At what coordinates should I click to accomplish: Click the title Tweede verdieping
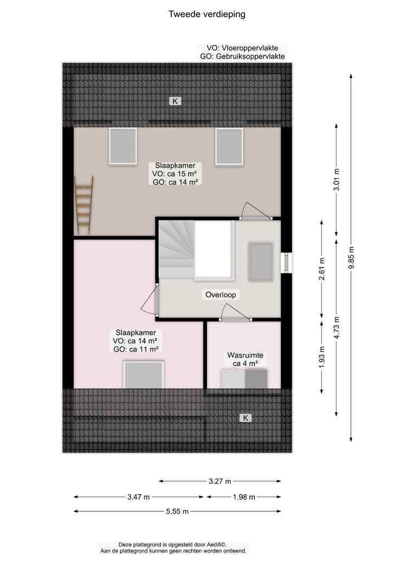pos(207,14)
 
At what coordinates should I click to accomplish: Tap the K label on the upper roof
pos(174,101)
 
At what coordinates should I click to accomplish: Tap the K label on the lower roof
pos(245,418)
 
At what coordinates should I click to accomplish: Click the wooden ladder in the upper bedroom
pos(83,205)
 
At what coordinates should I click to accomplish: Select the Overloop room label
pos(221,295)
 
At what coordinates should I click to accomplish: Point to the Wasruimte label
pos(245,355)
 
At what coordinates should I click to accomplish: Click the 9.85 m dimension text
pos(351,258)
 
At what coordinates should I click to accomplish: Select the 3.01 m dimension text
pos(337,179)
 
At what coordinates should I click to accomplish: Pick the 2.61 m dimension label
pos(322,269)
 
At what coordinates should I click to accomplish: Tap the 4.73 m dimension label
pos(337,328)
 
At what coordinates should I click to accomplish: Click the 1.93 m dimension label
pos(322,357)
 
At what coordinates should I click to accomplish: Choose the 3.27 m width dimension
pos(220,482)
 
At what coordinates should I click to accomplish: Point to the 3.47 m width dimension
pos(139,497)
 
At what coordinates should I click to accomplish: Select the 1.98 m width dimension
pos(244,497)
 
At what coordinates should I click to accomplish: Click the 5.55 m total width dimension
pos(177,511)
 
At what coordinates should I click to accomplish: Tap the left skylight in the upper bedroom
pos(122,146)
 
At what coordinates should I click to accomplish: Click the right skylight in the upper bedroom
pos(229,146)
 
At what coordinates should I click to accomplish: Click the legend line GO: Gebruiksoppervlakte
pos(242,56)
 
